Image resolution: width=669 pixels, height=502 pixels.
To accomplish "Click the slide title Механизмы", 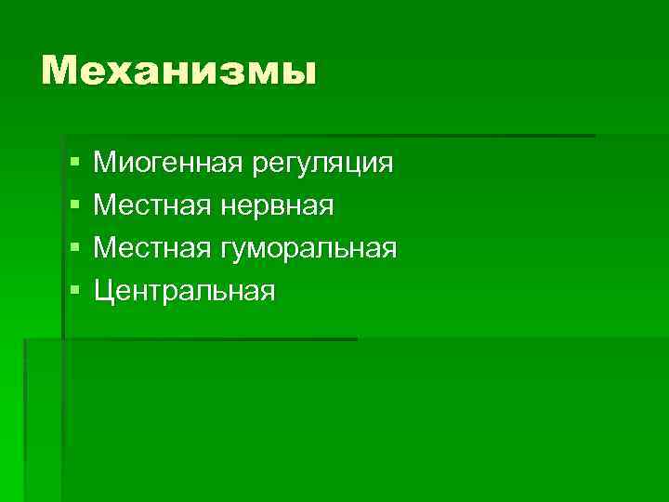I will pyautogui.click(x=178, y=71).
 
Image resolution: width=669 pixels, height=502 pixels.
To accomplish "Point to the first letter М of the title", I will pyautogui.click(x=60, y=71).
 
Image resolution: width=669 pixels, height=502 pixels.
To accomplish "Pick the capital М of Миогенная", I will pyautogui.click(x=106, y=164).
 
